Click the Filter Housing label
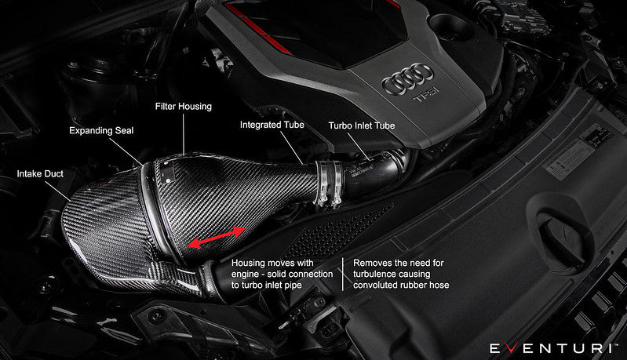pos(184,106)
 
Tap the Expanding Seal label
pos(101,130)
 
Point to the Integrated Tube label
pos(272,125)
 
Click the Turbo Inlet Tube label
pos(361,125)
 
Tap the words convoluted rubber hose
pos(401,285)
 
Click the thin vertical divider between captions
pos(344,274)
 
